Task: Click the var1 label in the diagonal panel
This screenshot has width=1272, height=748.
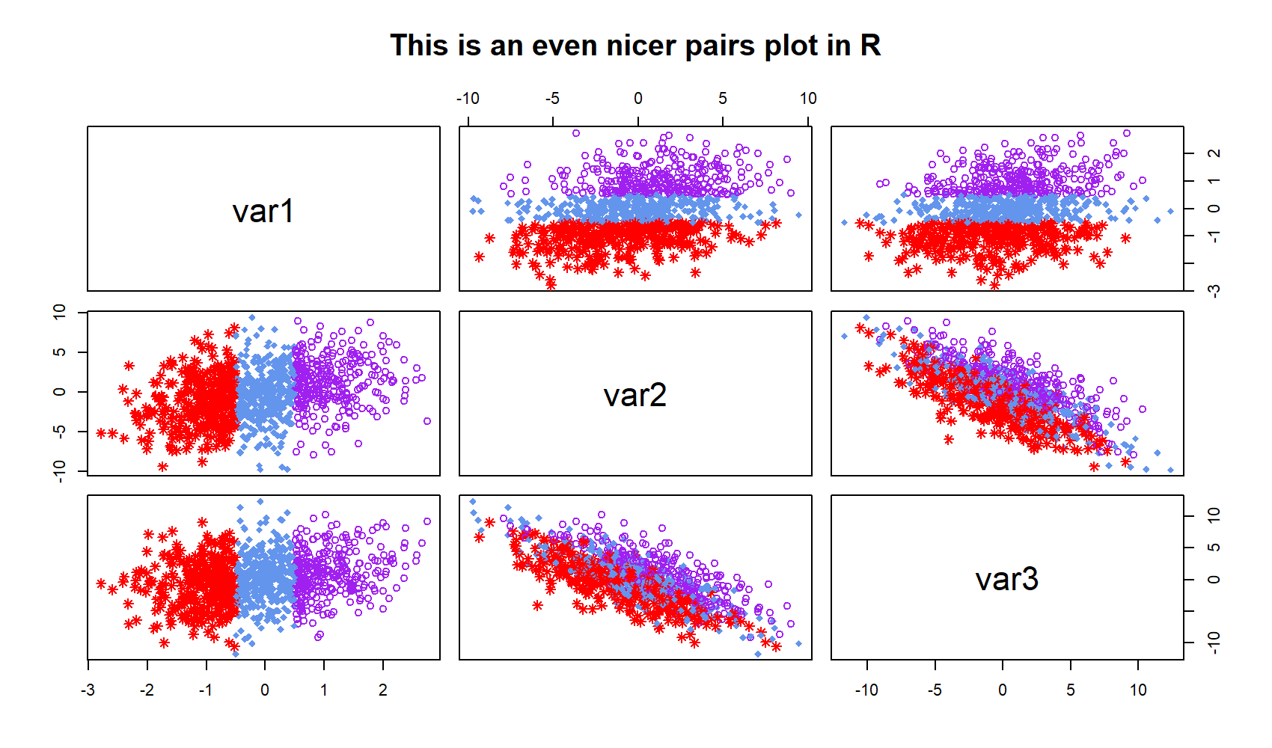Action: (x=263, y=211)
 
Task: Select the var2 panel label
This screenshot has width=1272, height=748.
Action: (x=635, y=395)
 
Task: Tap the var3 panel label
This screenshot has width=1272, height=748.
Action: (x=1006, y=579)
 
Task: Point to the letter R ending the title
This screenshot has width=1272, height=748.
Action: (x=869, y=46)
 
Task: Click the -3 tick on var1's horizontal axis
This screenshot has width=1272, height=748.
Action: (x=88, y=690)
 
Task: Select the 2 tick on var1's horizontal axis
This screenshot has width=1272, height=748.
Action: (x=383, y=690)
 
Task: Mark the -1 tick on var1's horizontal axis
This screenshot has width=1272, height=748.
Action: (x=205, y=690)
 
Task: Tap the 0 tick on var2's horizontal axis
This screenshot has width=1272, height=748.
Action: (x=637, y=99)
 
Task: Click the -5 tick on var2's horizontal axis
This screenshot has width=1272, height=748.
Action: (x=552, y=99)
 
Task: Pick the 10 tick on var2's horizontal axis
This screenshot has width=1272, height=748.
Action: (x=808, y=99)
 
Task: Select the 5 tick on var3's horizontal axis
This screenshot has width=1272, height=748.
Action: (x=1070, y=690)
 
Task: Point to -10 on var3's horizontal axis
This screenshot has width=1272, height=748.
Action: (x=866, y=690)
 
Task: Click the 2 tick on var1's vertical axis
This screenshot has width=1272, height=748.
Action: (x=1214, y=153)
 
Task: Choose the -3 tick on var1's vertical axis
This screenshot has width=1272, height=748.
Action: (x=1214, y=290)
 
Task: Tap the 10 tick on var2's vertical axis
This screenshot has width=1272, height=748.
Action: (x=61, y=313)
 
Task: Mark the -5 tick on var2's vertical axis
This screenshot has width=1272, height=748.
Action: (x=61, y=431)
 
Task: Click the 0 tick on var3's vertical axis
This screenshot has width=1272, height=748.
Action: (x=1214, y=579)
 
